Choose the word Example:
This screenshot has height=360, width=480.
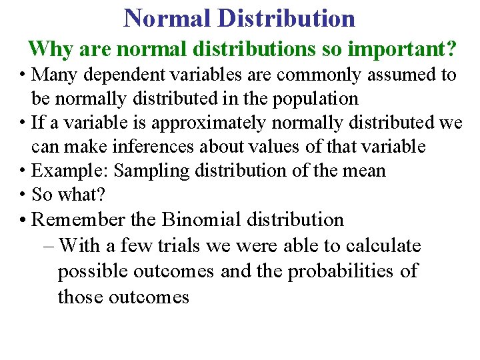click(x=71, y=171)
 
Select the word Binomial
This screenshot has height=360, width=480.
click(x=201, y=219)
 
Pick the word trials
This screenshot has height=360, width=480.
click(x=178, y=246)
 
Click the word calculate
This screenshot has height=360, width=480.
click(x=383, y=246)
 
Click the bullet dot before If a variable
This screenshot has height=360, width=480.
click(x=23, y=123)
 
